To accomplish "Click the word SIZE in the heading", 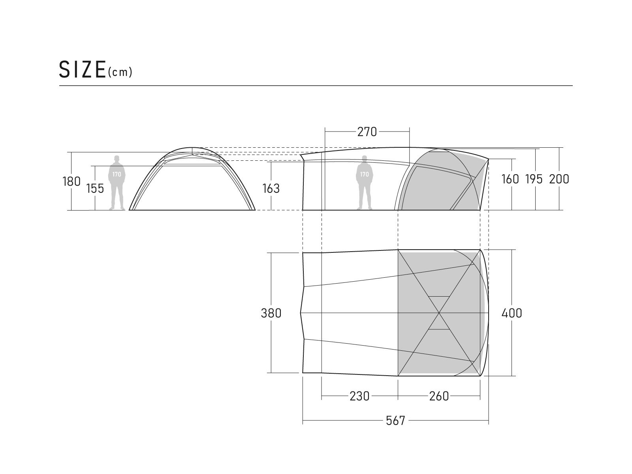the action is coord(82,70).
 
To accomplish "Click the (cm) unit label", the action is coord(120,72).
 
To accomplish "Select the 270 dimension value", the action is coord(367,132).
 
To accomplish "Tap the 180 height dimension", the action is coord(71,181).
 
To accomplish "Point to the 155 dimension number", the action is coord(95,188).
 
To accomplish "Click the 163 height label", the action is coord(271,188).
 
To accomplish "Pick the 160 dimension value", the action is coord(510,179).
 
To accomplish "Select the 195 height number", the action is coord(534,179).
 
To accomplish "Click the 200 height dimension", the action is coord(559,179).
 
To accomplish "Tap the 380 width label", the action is coord(271,313).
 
